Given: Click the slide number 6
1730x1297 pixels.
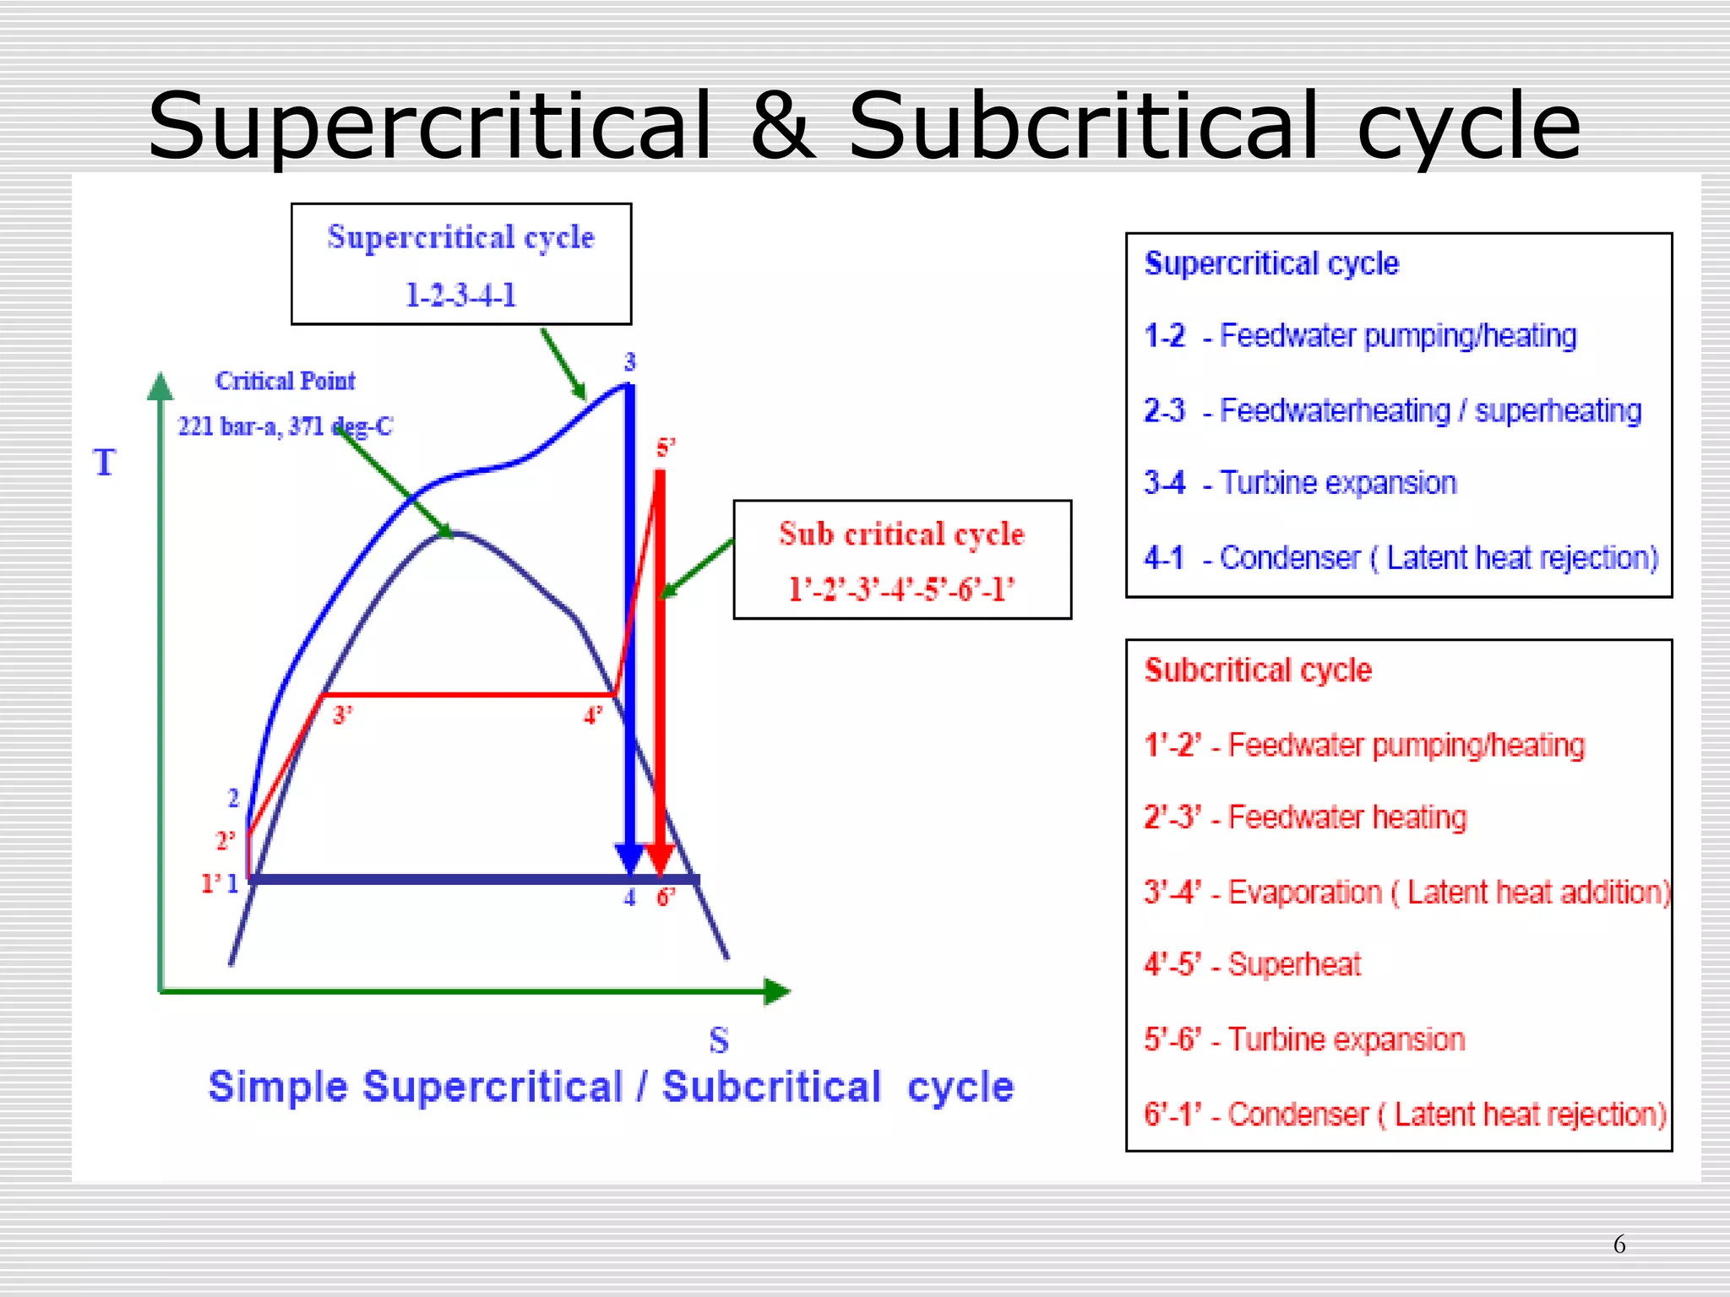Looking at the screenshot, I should coord(1618,1244).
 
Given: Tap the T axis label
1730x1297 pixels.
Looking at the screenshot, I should coord(104,463).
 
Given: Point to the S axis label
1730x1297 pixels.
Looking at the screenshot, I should coord(719,1040).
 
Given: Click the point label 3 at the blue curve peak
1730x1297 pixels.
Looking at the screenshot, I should coord(629,362).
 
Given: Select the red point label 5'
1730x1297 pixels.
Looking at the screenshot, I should coord(666,448).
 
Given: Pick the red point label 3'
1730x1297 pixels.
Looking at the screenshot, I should coord(342,715).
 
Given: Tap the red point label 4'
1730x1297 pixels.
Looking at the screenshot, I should coord(593,716).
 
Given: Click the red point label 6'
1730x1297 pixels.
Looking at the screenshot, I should coord(666,898).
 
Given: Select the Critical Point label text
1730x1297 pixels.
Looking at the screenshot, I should coord(285,381).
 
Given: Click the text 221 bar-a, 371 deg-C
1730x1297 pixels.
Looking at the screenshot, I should coord(285,426).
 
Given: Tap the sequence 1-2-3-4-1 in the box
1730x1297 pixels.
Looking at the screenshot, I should coord(460,296).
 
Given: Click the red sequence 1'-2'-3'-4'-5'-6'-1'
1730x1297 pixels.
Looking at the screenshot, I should coord(901,589).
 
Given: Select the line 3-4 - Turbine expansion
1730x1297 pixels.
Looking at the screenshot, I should coord(1300,483).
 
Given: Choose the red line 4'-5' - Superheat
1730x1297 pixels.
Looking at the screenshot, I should coord(1252,964).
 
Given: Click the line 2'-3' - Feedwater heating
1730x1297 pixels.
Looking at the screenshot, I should coord(1305,817).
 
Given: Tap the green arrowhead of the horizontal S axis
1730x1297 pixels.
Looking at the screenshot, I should coord(777,991).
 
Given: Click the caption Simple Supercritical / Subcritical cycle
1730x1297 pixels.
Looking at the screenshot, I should coord(611,1087).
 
